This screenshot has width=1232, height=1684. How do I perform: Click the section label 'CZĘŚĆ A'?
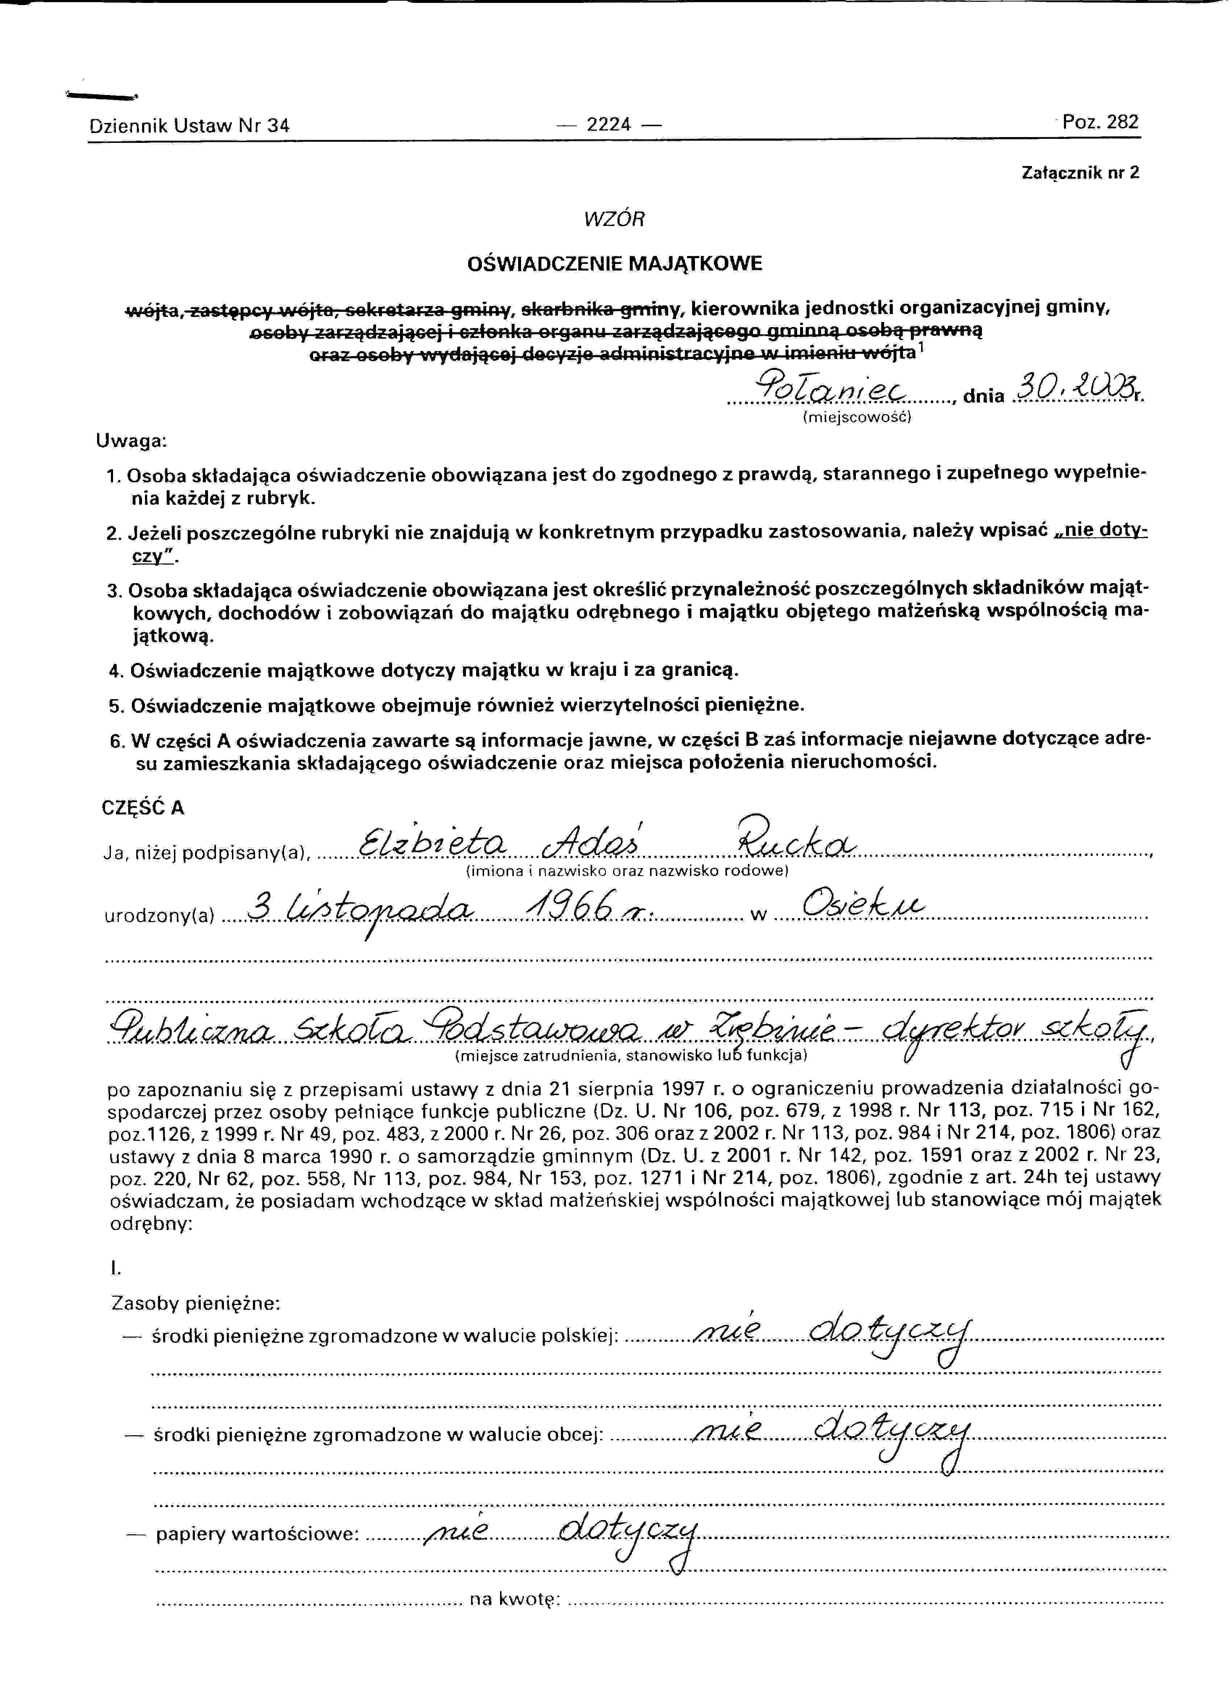(142, 808)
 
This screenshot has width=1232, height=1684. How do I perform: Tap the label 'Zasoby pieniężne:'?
(195, 1304)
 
